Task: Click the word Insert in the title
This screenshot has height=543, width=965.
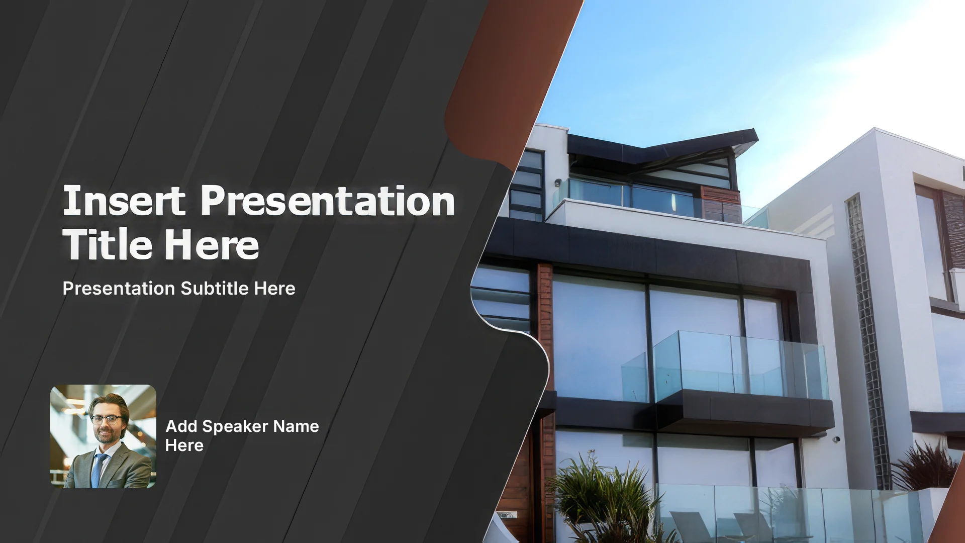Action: pyautogui.click(x=124, y=201)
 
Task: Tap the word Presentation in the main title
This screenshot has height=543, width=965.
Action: pyautogui.click(x=328, y=201)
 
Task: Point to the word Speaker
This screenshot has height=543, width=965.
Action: pyautogui.click(x=236, y=426)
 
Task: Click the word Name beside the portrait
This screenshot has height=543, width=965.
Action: pyautogui.click(x=297, y=426)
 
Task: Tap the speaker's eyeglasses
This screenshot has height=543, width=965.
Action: pyautogui.click(x=106, y=419)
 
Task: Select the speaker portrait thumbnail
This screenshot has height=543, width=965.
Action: pyautogui.click(x=103, y=436)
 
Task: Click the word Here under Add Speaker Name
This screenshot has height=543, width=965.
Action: pyautogui.click(x=184, y=445)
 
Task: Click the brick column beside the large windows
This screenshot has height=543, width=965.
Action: pyautogui.click(x=545, y=352)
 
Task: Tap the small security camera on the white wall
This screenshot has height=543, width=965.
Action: pyautogui.click(x=836, y=439)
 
